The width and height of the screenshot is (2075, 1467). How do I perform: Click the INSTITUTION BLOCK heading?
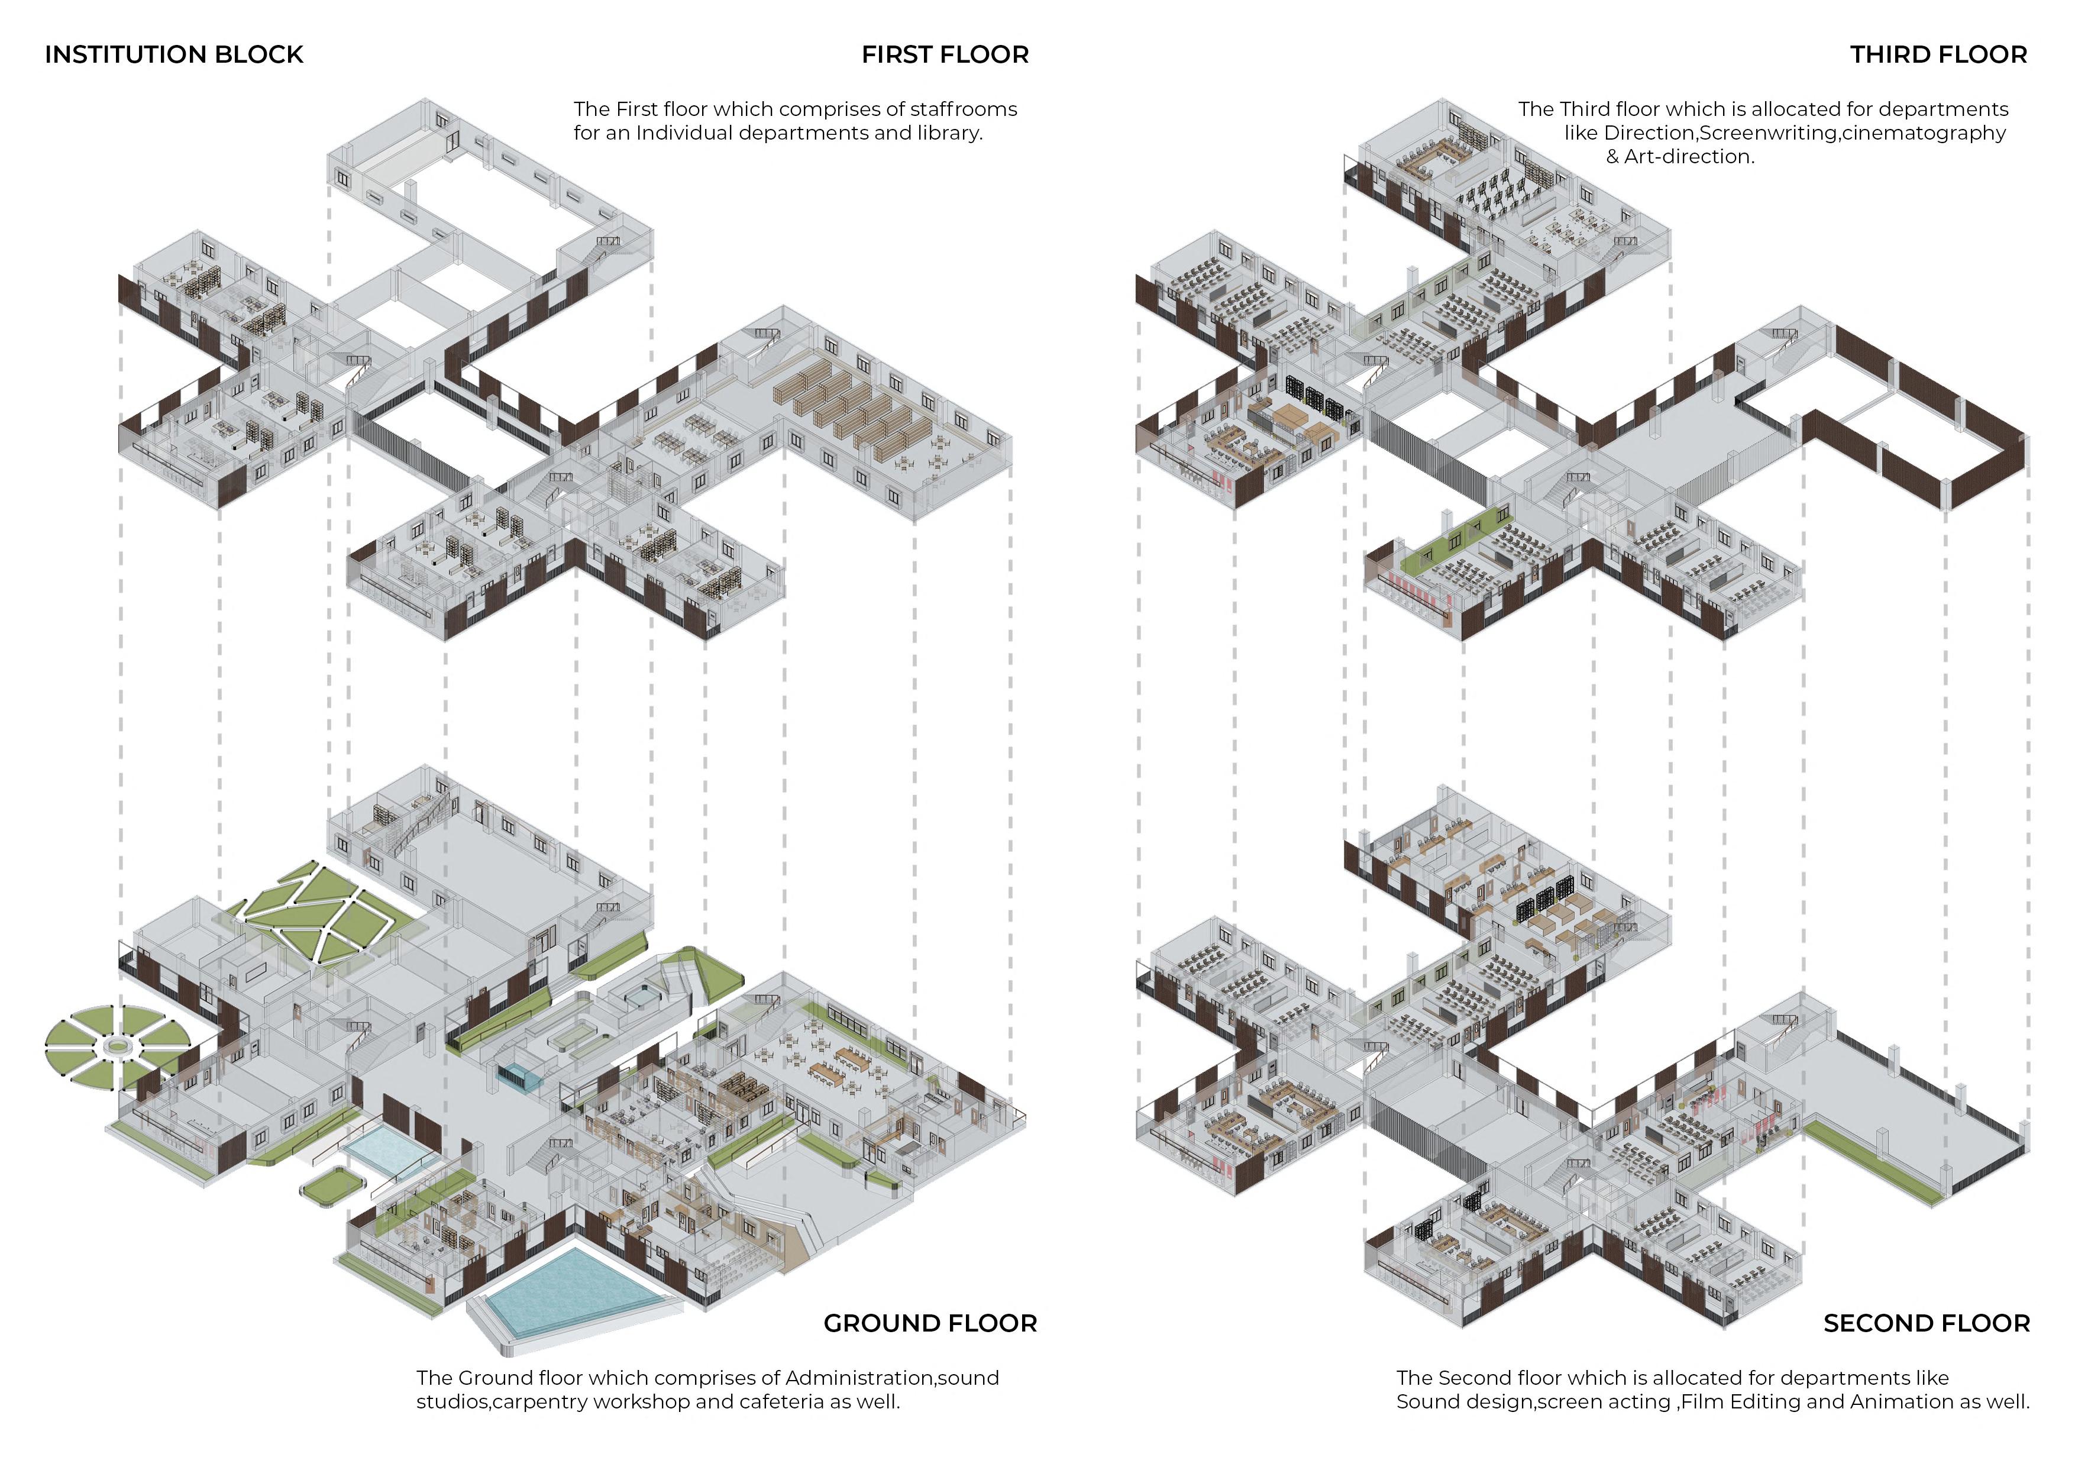173,54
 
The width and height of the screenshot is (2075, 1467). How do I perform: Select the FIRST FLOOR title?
945,54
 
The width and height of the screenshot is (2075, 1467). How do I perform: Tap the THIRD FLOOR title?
1938,54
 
